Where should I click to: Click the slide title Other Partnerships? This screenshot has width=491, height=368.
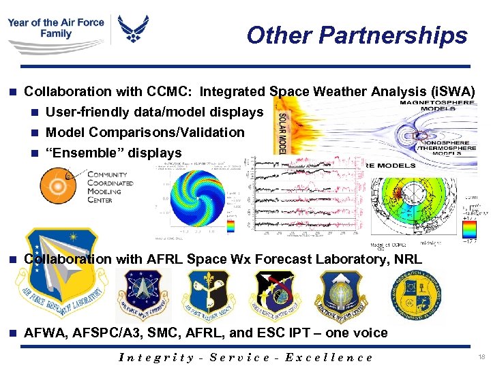[x=357, y=35]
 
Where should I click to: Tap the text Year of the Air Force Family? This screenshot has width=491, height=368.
[x=56, y=28]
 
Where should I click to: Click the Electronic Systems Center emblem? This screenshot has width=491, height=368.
[x=340, y=294]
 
